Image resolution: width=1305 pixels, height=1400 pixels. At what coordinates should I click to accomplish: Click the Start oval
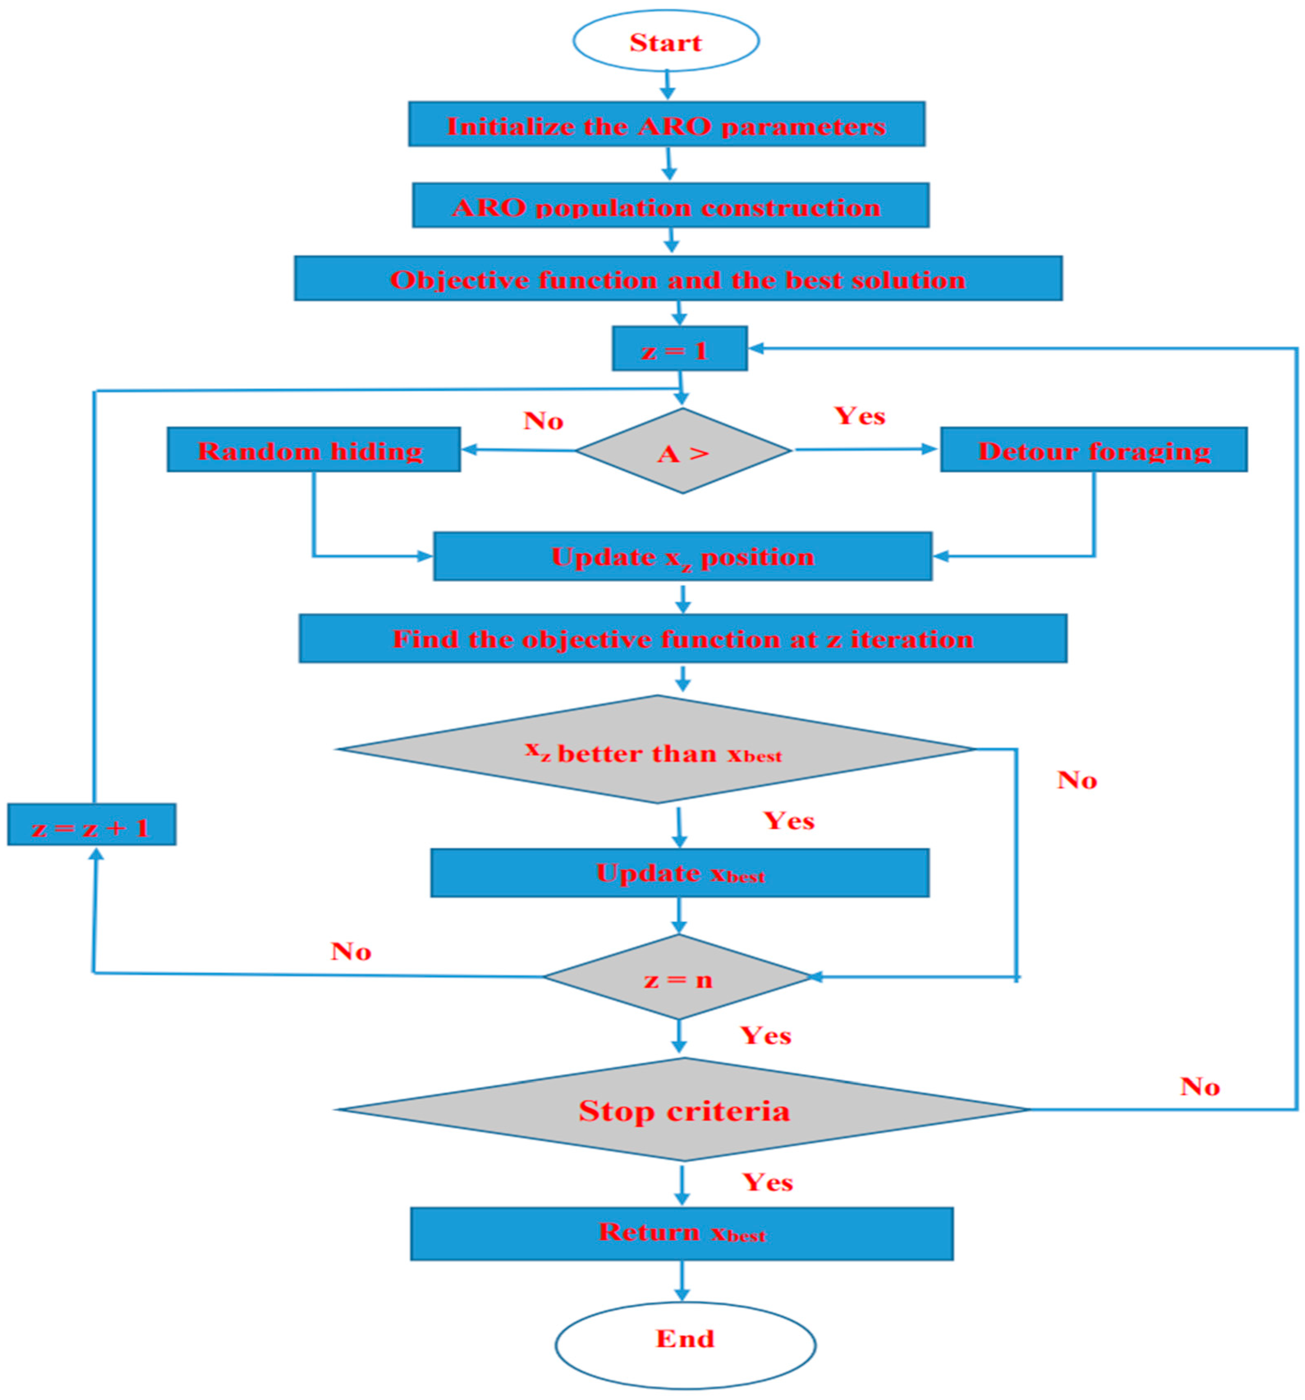pos(666,41)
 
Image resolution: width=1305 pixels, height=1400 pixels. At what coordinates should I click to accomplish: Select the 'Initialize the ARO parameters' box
pos(666,125)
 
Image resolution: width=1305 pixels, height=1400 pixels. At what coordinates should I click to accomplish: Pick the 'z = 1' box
pos(679,349)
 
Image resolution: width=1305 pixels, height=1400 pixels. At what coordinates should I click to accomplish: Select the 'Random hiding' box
pos(314,450)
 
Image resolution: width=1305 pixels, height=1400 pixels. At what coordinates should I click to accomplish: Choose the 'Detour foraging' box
pos(1093,450)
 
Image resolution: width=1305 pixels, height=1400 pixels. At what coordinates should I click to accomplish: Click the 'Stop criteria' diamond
pos(683,1111)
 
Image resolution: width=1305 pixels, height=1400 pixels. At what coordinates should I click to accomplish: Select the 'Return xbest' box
pos(681,1233)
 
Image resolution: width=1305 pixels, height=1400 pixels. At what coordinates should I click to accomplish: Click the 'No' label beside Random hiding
pos(543,421)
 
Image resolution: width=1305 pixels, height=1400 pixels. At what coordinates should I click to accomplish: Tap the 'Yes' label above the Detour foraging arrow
pos(859,416)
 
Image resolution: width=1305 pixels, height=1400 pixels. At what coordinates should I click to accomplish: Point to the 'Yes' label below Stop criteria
pos(768,1183)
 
